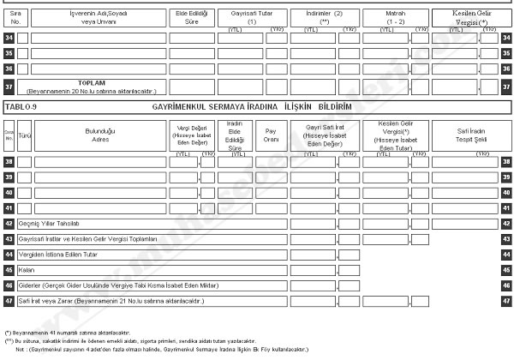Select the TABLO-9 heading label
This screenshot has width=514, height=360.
[x=22, y=106]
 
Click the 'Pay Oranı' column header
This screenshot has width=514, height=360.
[x=272, y=133]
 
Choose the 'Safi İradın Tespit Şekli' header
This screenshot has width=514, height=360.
[x=465, y=133]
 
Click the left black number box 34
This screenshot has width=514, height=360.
[x=8, y=38]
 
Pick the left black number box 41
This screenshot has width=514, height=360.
[x=8, y=207]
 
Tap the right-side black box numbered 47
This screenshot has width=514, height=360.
[x=506, y=301]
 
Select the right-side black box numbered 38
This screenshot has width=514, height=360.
[x=506, y=161]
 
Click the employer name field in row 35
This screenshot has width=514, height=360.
[x=98, y=53]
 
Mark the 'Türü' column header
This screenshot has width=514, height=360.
[x=23, y=135]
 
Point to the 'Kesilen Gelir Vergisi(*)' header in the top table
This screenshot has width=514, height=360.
[x=465, y=17]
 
